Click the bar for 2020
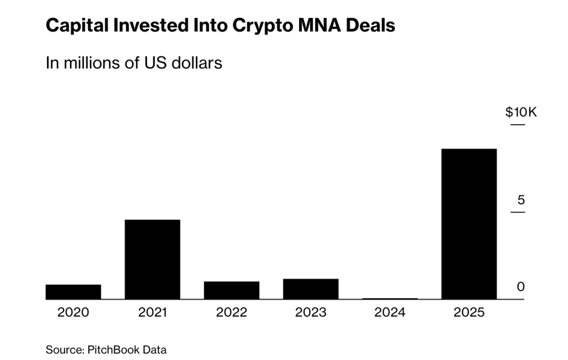(x=73, y=292)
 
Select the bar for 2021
(x=153, y=260)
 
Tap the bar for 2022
(x=232, y=290)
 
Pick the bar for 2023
(x=311, y=289)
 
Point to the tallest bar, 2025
(x=469, y=224)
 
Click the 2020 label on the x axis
(x=73, y=313)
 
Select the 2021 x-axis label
(x=153, y=313)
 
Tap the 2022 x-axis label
(x=232, y=313)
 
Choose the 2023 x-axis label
(x=311, y=313)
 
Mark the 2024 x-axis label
(x=390, y=313)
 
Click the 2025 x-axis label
(x=469, y=313)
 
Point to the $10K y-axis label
(x=521, y=113)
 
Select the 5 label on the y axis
(x=520, y=200)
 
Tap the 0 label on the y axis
(x=520, y=287)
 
